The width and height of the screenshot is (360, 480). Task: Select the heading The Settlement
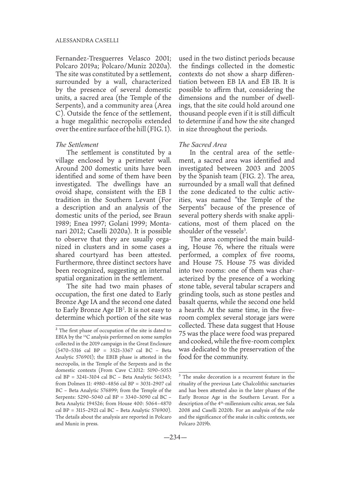click(x=77, y=144)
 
